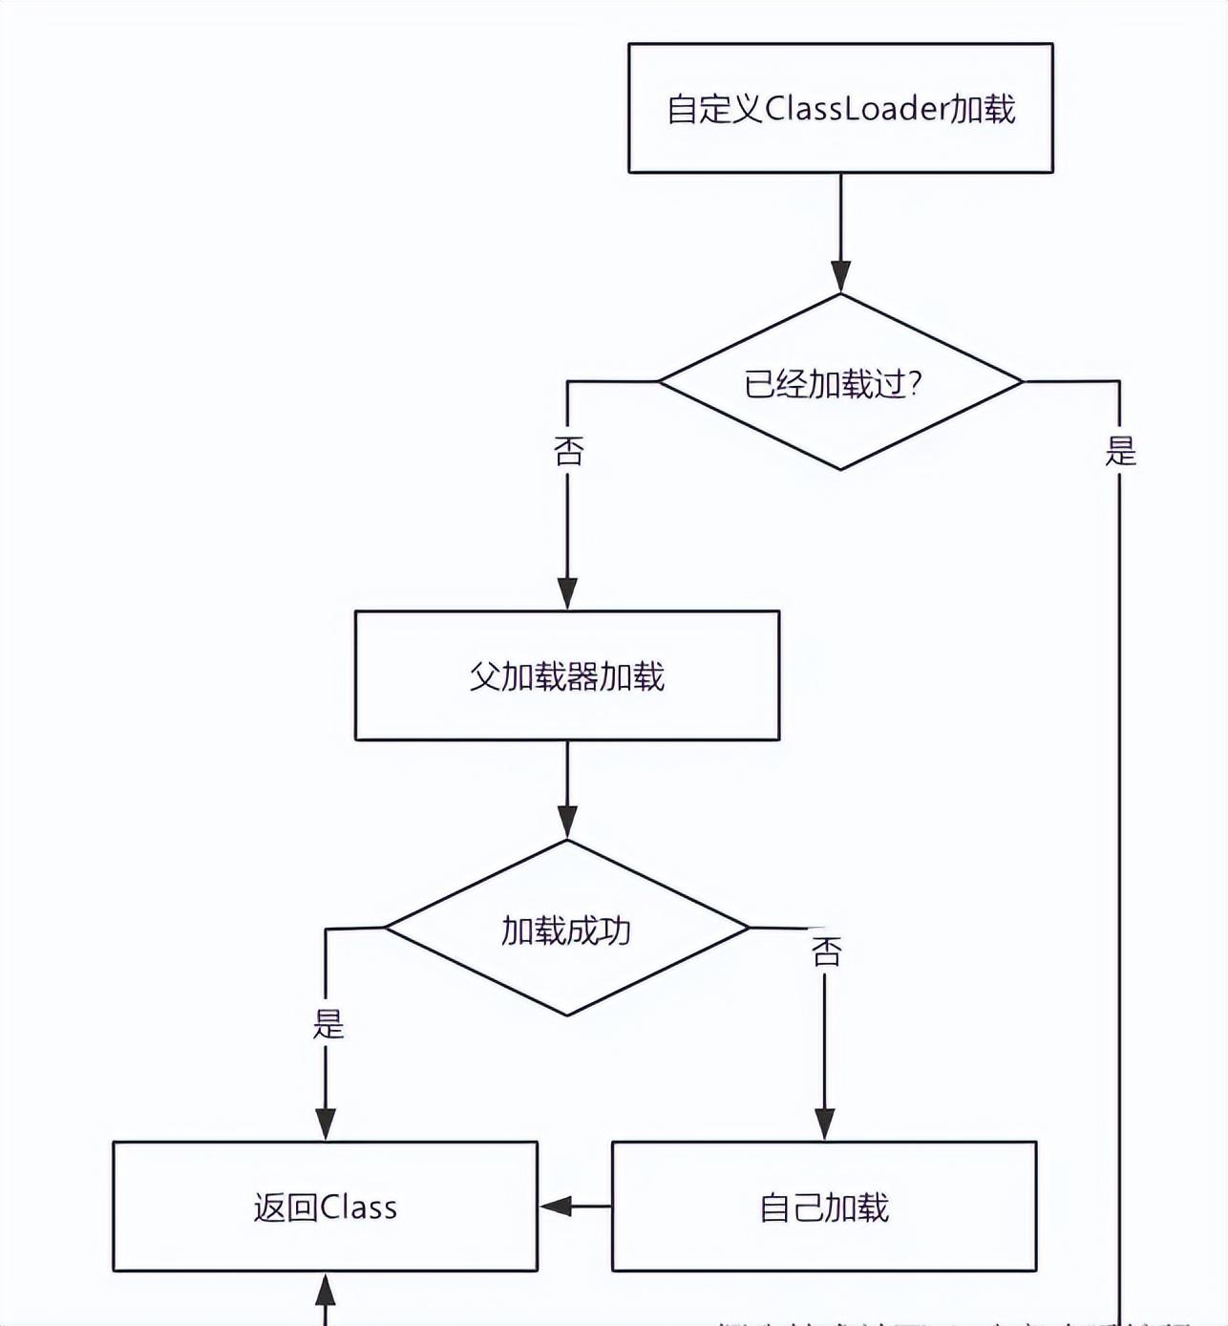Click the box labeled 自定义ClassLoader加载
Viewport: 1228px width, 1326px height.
click(x=840, y=108)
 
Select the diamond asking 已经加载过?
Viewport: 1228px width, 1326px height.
click(x=840, y=382)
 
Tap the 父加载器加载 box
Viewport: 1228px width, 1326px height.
click(x=567, y=675)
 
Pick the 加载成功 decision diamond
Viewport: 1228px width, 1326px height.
click(x=567, y=928)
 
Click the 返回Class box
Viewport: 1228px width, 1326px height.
click(x=325, y=1207)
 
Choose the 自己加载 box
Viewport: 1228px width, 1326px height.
click(x=824, y=1207)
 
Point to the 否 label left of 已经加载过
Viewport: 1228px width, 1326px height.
click(x=568, y=451)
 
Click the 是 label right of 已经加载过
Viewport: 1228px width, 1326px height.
click(x=1120, y=451)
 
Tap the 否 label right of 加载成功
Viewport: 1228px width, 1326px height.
click(x=826, y=952)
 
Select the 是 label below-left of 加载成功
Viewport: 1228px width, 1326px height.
click(x=328, y=1024)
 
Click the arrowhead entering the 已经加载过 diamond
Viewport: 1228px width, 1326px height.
click(x=840, y=276)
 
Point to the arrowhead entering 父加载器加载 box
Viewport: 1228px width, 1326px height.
click(x=567, y=593)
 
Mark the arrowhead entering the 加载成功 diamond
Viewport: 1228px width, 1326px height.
click(x=567, y=822)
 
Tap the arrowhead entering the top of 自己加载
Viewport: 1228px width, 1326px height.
click(x=824, y=1123)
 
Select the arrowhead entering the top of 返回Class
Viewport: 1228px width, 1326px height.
click(x=326, y=1123)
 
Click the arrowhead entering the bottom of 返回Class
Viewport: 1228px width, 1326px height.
click(x=326, y=1290)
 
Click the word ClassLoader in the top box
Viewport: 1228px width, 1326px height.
click(x=856, y=108)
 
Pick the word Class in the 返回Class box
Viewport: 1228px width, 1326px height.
click(x=359, y=1208)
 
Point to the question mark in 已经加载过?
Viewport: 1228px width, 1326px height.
click(x=915, y=384)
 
